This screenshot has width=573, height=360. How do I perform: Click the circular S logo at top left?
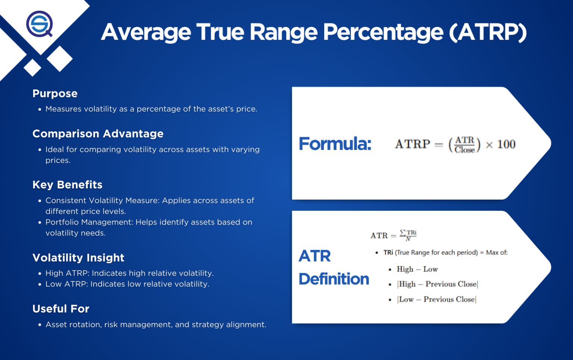(x=40, y=24)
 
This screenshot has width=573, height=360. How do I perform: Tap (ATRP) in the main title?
(x=488, y=32)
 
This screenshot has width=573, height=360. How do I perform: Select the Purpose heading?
(x=55, y=94)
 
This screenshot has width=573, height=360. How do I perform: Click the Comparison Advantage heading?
(x=98, y=134)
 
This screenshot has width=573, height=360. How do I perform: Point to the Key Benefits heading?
(x=67, y=185)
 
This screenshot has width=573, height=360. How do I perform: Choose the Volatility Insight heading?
(x=78, y=258)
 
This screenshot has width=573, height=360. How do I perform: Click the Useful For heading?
(x=61, y=309)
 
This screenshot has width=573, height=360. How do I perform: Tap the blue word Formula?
(x=335, y=144)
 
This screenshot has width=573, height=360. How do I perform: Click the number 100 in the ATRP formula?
(x=506, y=144)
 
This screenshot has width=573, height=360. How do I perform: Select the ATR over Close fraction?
(x=464, y=145)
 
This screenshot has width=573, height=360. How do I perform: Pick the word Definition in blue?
(x=334, y=279)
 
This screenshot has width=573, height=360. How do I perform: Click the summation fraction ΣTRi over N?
(x=408, y=235)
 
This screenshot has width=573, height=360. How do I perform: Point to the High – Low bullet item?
(x=417, y=269)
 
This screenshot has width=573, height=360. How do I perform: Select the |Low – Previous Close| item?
(x=437, y=300)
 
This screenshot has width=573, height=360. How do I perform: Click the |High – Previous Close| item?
(x=438, y=284)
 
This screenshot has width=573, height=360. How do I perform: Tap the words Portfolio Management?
(x=89, y=222)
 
